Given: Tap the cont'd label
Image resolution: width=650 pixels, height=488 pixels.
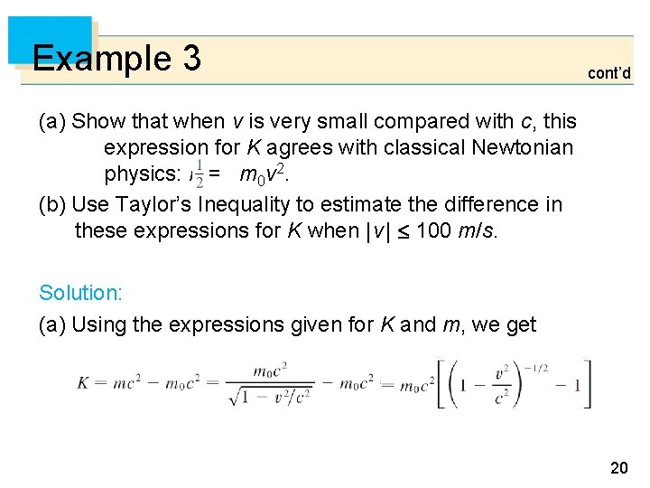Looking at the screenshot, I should click(609, 73).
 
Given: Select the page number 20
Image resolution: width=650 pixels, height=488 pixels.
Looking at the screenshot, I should click(618, 466).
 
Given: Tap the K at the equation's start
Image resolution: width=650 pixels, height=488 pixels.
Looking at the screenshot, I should click(82, 383).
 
